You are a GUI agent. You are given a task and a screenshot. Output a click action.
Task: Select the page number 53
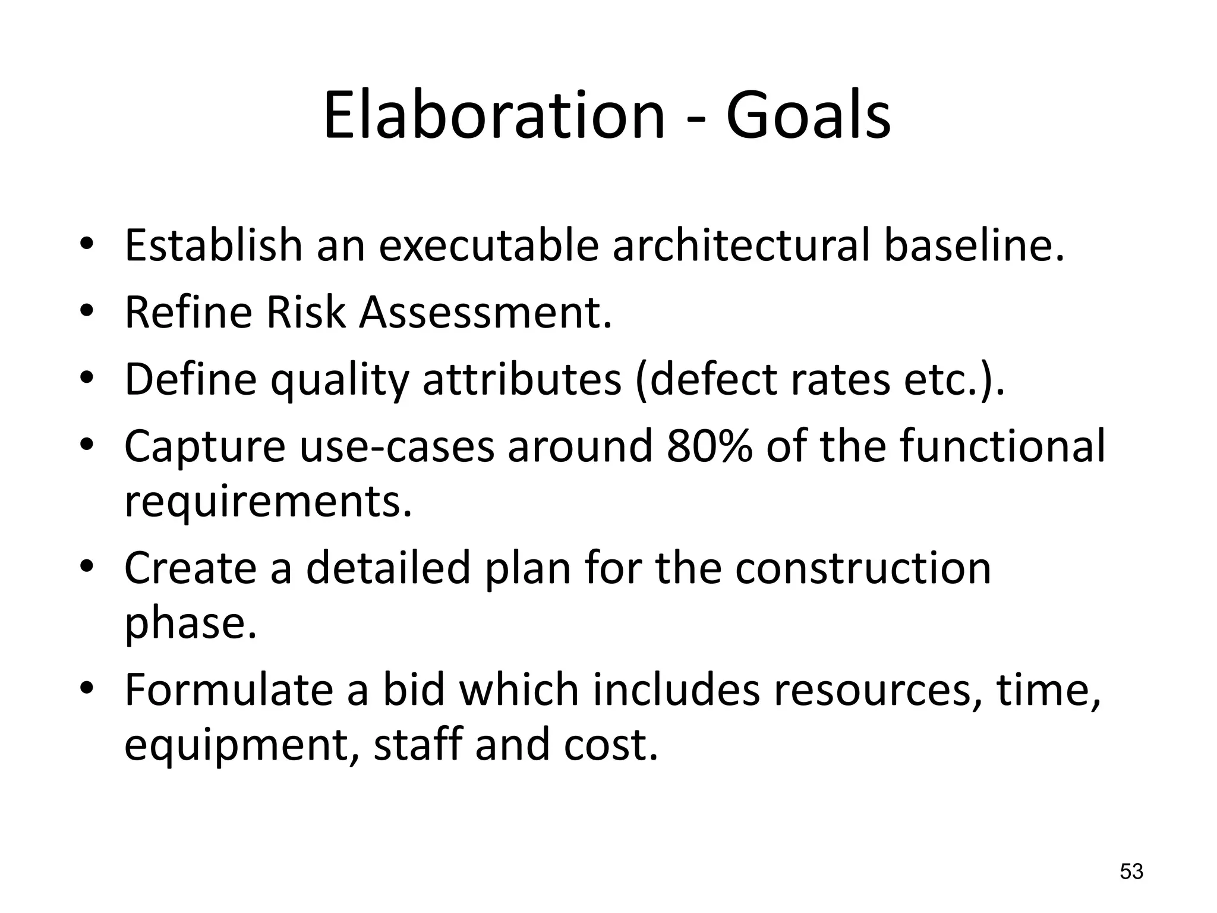tap(1131, 872)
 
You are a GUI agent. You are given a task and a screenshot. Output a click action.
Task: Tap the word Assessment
tap(484, 312)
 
